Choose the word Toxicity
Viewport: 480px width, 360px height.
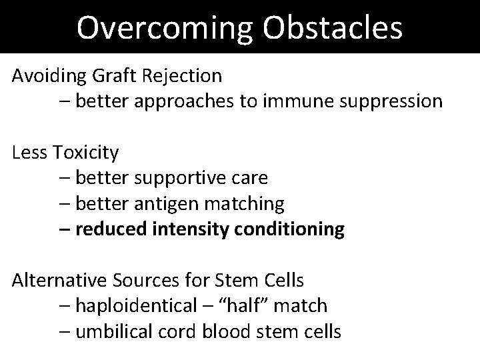tap(87, 153)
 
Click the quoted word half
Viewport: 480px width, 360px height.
tap(243, 306)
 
